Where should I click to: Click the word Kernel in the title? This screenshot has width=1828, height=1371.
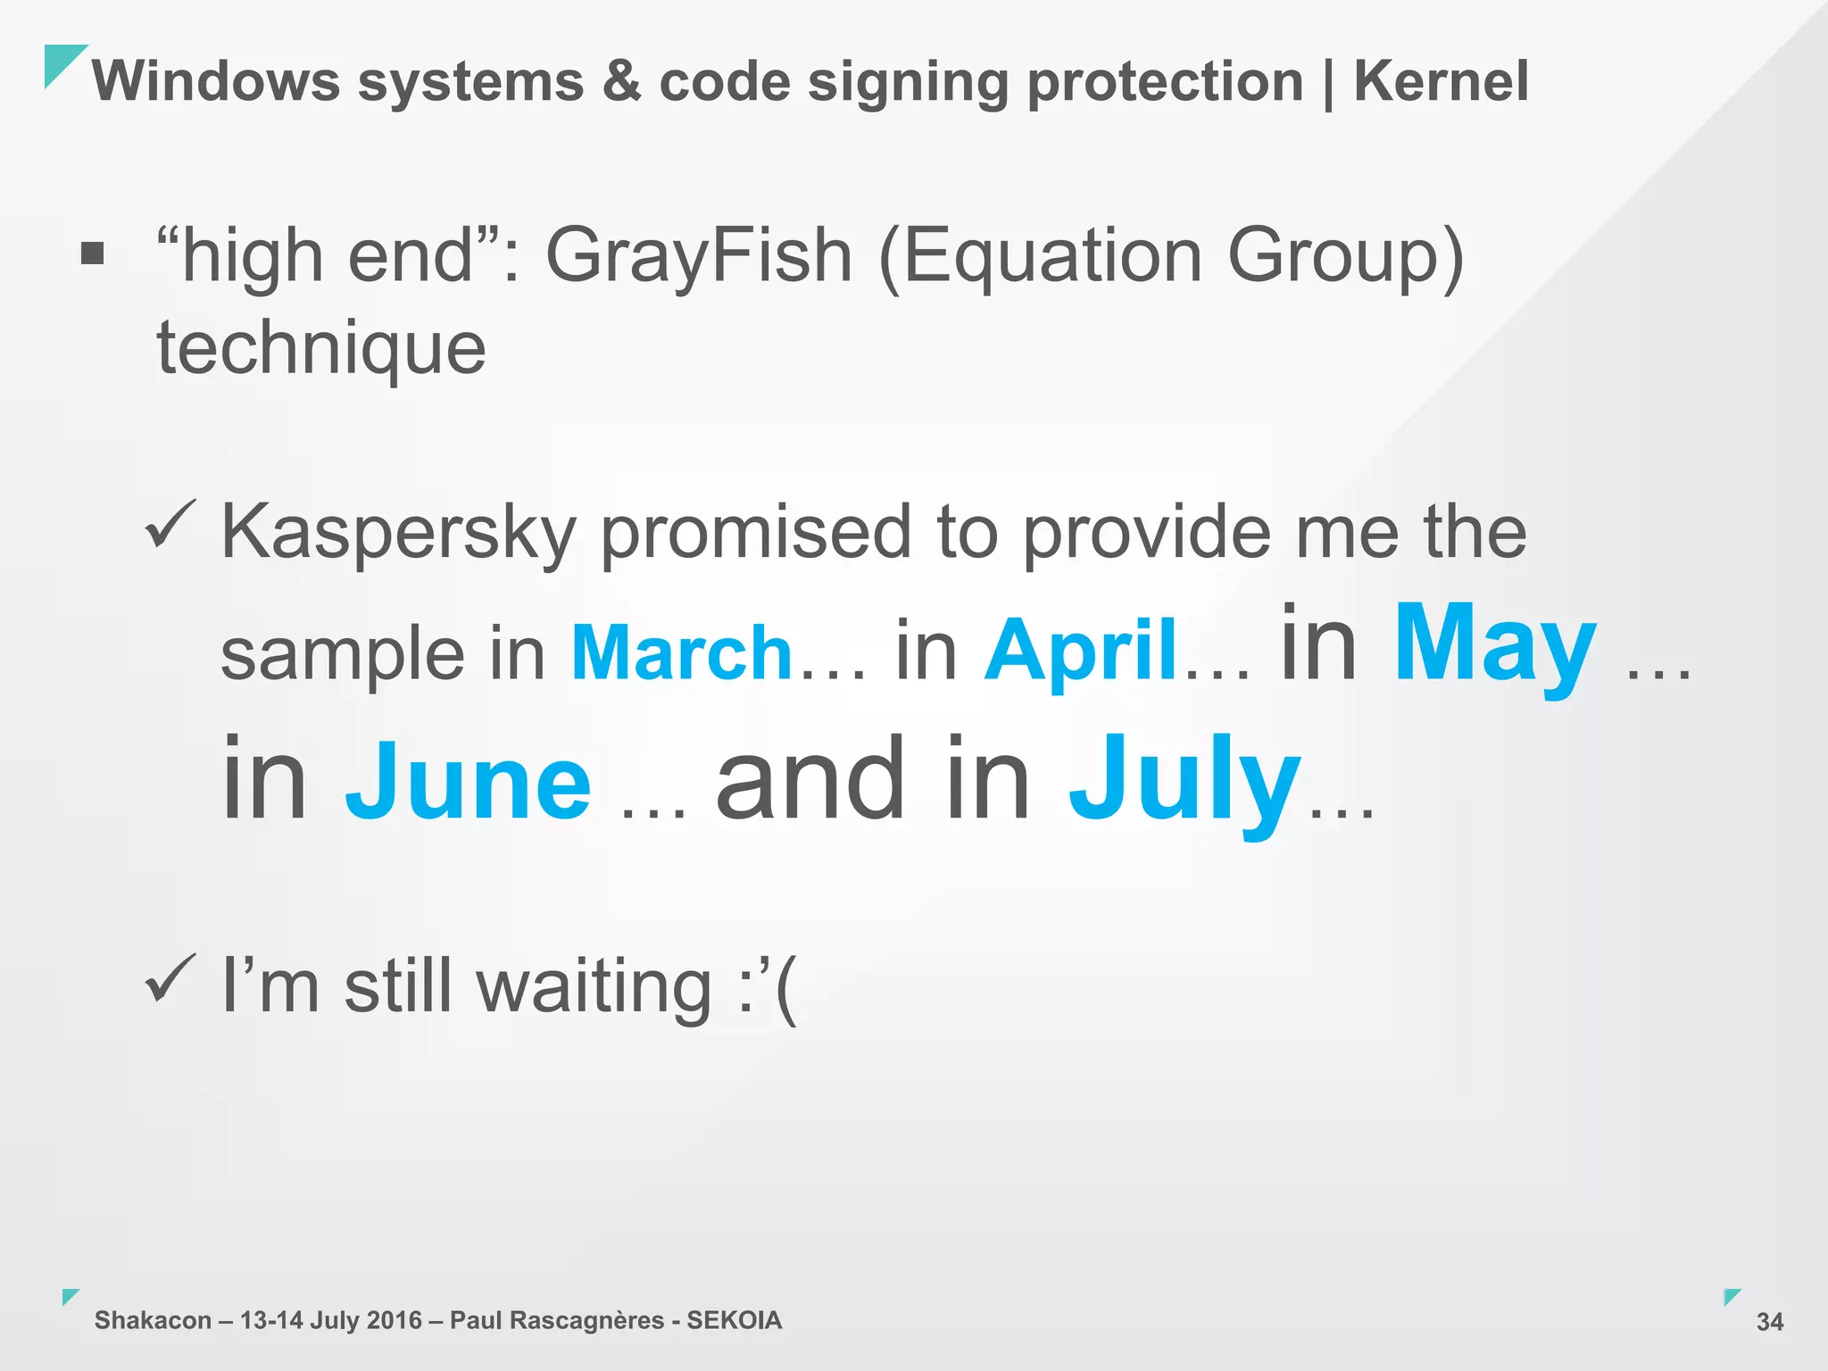(1441, 81)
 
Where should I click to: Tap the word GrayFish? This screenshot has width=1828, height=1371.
(699, 256)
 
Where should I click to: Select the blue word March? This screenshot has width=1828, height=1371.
(682, 652)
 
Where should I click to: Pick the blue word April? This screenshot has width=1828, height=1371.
(1081, 651)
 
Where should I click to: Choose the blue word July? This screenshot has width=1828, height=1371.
(1184, 780)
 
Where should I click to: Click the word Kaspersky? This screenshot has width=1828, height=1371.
(398, 534)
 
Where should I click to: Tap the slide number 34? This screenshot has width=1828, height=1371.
(1769, 1322)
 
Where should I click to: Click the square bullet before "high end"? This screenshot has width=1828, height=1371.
(92, 254)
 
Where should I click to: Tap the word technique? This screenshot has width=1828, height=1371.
(321, 348)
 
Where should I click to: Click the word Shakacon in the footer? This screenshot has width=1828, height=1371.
(153, 1320)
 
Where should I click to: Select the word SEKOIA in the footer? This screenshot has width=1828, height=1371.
(734, 1320)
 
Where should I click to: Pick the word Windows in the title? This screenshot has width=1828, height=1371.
(216, 81)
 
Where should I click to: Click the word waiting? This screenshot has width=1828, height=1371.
(594, 987)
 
